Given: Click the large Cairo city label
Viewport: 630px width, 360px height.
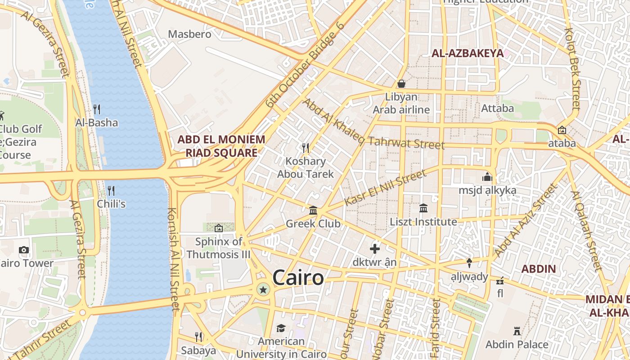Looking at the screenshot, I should (x=298, y=278).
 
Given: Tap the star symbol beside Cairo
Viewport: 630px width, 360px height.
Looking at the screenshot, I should (x=263, y=290).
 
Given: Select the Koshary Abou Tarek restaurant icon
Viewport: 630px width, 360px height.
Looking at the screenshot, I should (x=305, y=148).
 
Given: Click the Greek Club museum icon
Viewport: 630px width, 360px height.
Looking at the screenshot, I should (x=313, y=210).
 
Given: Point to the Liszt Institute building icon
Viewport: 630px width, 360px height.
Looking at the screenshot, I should (x=423, y=208).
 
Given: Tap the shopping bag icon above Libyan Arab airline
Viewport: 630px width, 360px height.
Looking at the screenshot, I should (x=401, y=84).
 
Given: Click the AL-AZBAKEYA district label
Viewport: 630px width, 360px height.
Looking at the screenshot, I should (x=468, y=53).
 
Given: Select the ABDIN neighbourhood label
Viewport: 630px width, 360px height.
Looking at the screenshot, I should (x=538, y=269).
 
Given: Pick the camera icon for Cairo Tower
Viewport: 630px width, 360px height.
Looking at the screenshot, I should (x=24, y=250).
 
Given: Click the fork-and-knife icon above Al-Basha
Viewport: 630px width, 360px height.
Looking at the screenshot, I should (x=96, y=109).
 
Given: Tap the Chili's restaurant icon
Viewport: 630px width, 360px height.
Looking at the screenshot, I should (x=111, y=190).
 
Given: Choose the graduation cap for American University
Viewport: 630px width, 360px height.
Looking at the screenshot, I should (x=281, y=328).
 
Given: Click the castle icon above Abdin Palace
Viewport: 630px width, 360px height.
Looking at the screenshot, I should (x=517, y=331).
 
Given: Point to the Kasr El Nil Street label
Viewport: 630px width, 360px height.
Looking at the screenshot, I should (x=385, y=188).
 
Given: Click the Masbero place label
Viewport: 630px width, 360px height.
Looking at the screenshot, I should (x=189, y=34).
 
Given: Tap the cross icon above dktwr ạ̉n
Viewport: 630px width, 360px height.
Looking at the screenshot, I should (x=374, y=248).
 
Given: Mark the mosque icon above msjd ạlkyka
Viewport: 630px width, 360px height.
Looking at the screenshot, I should (x=487, y=177).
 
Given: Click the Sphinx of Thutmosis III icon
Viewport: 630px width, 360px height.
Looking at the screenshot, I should (x=219, y=228).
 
